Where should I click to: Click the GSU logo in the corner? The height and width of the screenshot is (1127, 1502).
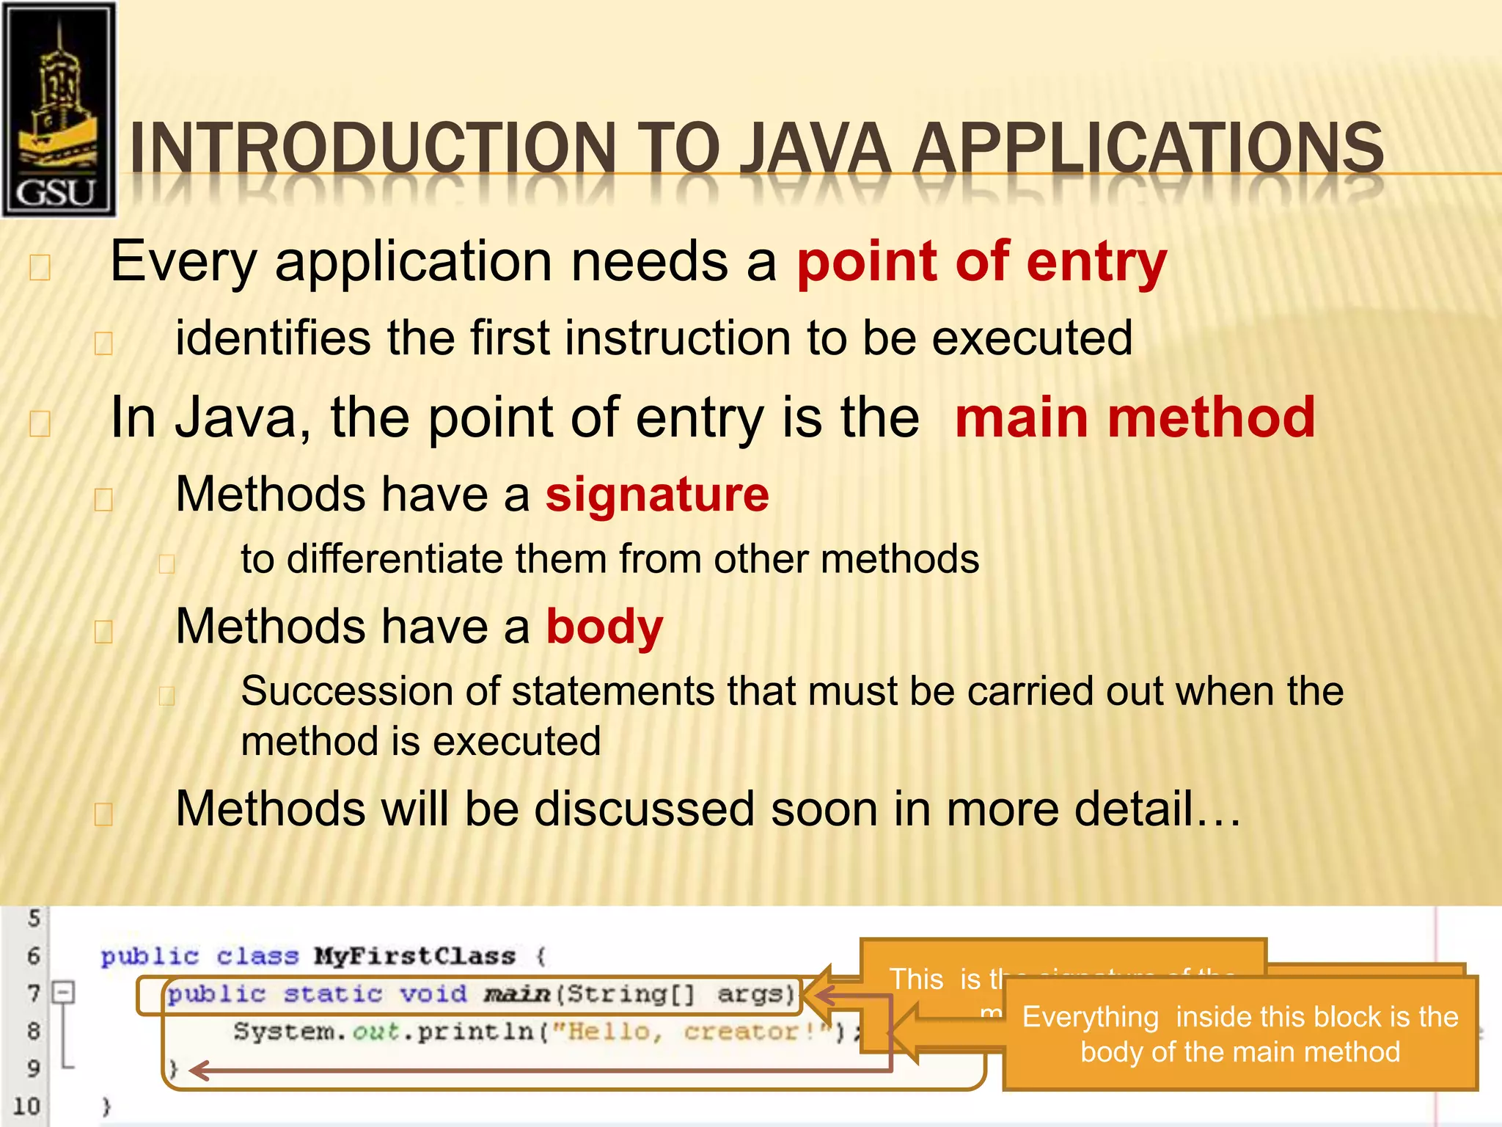pos(59,110)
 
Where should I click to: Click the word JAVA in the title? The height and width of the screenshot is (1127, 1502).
pos(814,148)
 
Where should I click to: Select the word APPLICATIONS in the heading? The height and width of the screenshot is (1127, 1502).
pos(1148,148)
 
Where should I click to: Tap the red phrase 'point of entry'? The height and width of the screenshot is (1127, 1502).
pos(981,262)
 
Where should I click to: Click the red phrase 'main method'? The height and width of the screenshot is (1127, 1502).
pos(1135,417)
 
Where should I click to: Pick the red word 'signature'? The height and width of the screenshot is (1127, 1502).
pos(657,494)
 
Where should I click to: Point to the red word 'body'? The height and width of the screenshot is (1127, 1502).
pos(604,627)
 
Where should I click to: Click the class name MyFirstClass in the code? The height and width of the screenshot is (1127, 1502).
pos(415,956)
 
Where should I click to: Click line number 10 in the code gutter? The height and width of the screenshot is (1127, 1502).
pos(26,1106)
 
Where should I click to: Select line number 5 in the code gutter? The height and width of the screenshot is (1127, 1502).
pos(34,918)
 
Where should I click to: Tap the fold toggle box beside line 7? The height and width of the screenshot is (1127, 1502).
pos(65,993)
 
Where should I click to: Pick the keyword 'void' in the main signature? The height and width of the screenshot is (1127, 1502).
pos(433,993)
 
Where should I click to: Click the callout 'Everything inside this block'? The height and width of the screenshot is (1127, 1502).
pos(1239,1034)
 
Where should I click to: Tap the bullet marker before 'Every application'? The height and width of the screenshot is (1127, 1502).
pos(40,268)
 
